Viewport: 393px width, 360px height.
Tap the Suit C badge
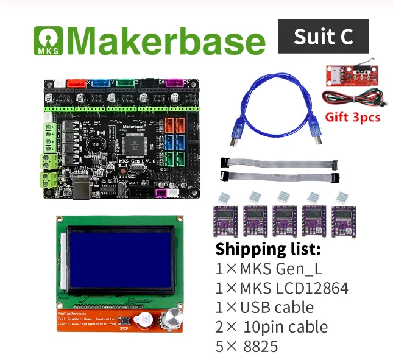click(323, 37)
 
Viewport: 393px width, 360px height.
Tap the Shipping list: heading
click(268, 249)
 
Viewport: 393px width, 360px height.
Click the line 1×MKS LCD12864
click(282, 288)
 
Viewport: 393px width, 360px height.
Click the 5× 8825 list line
click(247, 347)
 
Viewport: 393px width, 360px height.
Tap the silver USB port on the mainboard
click(82, 188)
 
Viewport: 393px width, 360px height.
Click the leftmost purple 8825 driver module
click(225, 218)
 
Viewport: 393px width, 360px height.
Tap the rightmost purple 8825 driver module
click(345, 218)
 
